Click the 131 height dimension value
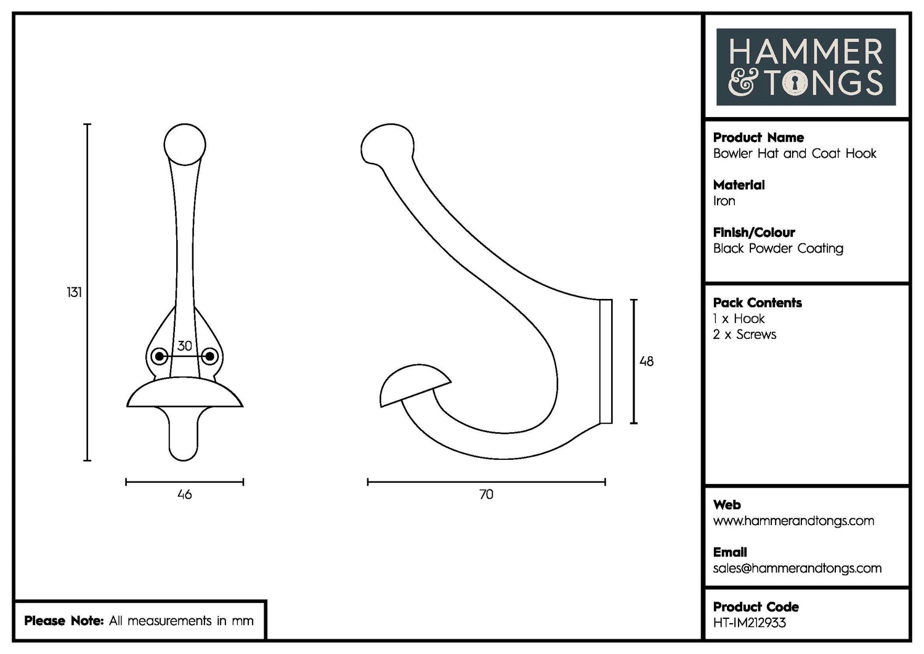pos(74,292)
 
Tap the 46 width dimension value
pos(184,494)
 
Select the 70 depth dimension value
pos(486,494)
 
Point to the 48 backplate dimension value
pos(646,361)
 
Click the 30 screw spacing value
pos(184,346)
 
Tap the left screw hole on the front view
pos(160,356)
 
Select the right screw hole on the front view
pos(209,356)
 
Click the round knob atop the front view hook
pos(184,144)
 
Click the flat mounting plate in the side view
pos(606,361)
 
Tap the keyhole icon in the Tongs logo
pos(795,83)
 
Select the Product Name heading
pos(758,137)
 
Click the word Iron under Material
pos(724,201)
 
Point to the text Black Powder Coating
pos(778,248)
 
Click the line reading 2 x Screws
pos(744,335)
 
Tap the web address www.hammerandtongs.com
pos(793,521)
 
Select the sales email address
pos(797,568)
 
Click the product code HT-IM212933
pos(749,623)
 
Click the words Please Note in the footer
pos(63,621)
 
